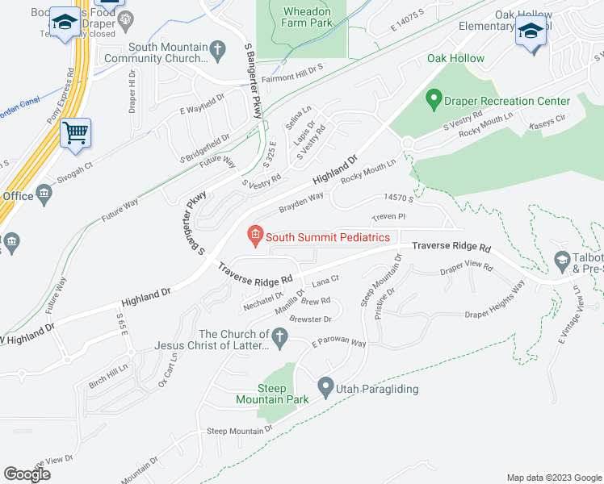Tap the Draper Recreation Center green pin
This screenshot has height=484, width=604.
433,101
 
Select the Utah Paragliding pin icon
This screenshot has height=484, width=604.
326,388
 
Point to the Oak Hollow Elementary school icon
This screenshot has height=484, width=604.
530,31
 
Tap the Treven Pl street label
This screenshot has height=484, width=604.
388,217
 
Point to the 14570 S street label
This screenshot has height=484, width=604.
399,197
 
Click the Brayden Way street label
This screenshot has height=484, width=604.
301,202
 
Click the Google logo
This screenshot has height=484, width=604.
27,474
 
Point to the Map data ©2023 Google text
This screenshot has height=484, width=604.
554,478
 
